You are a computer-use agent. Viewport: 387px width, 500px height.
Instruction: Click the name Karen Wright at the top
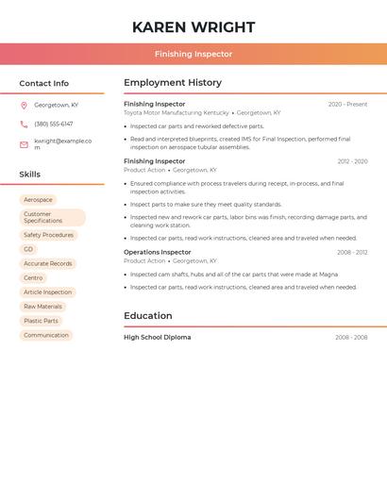(193, 26)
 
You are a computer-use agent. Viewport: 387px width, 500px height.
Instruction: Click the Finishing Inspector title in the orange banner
(193, 54)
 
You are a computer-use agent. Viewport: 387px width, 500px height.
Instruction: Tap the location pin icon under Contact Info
(24, 105)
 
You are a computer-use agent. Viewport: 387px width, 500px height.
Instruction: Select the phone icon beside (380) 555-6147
(24, 124)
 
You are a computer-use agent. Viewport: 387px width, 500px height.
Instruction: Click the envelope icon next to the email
(24, 144)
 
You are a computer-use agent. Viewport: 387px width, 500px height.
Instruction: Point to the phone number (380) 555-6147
(54, 124)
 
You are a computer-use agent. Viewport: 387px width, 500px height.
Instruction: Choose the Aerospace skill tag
(38, 200)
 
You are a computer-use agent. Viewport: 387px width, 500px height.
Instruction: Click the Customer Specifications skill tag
(52, 217)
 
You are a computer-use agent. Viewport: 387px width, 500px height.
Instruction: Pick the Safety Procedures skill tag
(48, 235)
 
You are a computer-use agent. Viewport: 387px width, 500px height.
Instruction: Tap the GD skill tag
(28, 249)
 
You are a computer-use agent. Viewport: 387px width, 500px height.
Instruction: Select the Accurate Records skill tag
(47, 264)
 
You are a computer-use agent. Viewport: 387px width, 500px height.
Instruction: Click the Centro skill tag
(33, 278)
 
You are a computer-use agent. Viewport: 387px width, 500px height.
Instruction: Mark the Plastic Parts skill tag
(41, 321)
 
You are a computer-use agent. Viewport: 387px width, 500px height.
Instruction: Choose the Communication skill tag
(46, 335)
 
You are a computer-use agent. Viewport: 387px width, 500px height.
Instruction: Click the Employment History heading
(173, 83)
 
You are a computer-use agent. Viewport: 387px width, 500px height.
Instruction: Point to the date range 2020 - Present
(347, 104)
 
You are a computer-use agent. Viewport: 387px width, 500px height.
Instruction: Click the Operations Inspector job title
(158, 252)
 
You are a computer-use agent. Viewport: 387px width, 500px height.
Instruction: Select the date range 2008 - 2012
(352, 252)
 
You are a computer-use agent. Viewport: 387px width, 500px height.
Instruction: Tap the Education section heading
(148, 316)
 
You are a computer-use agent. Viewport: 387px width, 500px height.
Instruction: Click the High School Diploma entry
(158, 337)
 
